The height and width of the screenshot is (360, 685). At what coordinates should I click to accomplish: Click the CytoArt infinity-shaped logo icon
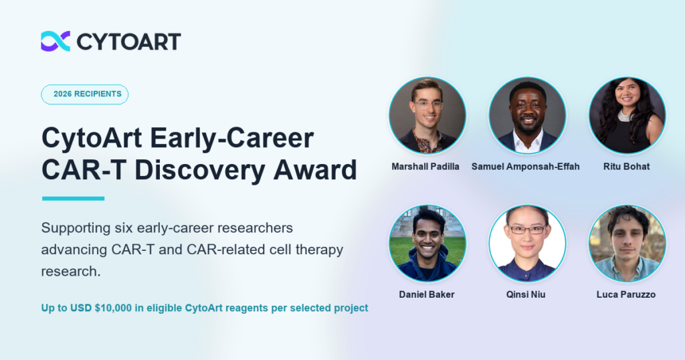[x=56, y=41]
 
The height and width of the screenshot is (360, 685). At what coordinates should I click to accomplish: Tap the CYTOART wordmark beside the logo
[x=128, y=41]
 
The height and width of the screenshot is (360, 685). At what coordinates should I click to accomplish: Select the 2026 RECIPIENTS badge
[x=85, y=94]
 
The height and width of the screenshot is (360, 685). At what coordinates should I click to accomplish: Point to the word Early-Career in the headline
[x=232, y=138]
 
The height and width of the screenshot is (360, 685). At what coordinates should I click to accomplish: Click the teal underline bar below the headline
[x=74, y=198]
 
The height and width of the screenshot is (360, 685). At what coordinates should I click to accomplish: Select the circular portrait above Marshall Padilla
[x=427, y=115]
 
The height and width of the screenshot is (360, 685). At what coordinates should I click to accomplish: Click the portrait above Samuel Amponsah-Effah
[x=527, y=115]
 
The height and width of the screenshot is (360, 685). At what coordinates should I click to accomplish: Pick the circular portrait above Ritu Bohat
[x=627, y=115]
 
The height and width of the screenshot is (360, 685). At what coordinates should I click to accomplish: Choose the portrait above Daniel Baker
[x=427, y=244]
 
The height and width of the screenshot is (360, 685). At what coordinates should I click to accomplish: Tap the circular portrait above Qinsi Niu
[x=527, y=244]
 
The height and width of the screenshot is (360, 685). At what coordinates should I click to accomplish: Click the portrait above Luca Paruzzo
[x=627, y=244]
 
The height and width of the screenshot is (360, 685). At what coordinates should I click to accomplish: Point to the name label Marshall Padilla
[x=425, y=167]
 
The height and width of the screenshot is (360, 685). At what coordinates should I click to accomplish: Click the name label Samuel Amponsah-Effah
[x=526, y=167]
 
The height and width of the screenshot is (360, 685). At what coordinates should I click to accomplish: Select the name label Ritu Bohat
[x=626, y=167]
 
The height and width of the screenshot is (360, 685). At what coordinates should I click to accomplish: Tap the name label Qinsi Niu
[x=526, y=294]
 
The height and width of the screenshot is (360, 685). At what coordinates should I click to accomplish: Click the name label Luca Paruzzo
[x=626, y=294]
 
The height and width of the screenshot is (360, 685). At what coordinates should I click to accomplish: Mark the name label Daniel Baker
[x=427, y=294]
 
